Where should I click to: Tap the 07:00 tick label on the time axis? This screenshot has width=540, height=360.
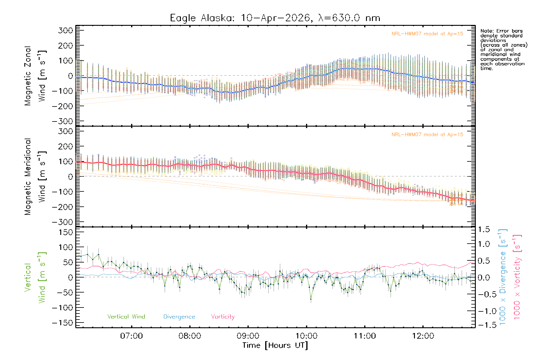click(131, 336)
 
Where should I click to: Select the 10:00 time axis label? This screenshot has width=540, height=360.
click(306, 336)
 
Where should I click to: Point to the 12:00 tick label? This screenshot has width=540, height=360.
click(423, 336)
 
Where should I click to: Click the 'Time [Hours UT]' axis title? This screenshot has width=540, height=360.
click(275, 346)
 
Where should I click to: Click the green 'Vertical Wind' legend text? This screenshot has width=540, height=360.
click(126, 317)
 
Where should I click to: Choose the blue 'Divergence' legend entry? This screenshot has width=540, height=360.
click(179, 317)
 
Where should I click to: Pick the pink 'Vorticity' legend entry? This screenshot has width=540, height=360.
click(223, 317)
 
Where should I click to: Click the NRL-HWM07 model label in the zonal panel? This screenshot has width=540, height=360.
click(427, 34)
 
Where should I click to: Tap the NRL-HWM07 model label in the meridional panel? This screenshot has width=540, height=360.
click(427, 135)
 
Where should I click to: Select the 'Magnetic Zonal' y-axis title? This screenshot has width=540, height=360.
click(28, 76)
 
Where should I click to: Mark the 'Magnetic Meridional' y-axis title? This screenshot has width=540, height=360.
click(28, 177)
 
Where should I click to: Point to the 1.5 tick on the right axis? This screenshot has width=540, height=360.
click(484, 229)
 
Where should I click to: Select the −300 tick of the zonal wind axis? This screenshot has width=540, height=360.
click(62, 121)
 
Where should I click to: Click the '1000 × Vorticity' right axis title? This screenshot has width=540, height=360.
click(517, 277)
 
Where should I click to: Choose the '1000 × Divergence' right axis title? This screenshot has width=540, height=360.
click(502, 277)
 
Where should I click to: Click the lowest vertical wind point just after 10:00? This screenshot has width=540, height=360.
click(311, 299)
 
